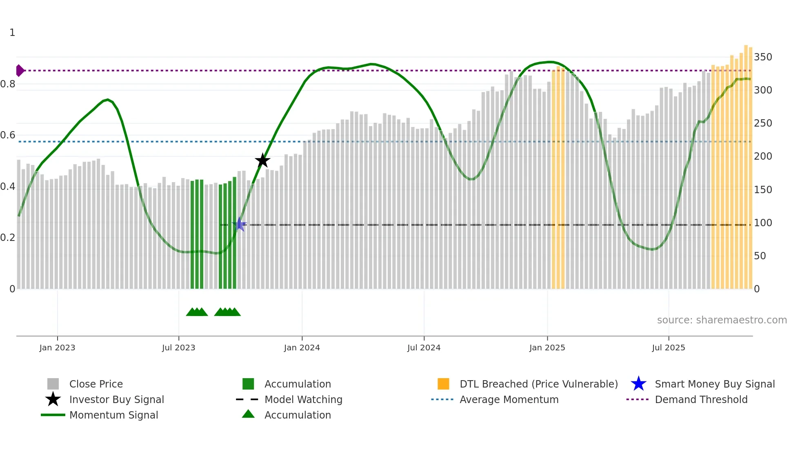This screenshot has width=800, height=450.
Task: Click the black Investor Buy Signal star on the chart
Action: (x=262, y=160)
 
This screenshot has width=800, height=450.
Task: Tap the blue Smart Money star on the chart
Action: (x=240, y=225)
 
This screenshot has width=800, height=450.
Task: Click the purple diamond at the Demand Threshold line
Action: (x=20, y=71)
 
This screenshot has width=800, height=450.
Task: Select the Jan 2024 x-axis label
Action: (x=302, y=348)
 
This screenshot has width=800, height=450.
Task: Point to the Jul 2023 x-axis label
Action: (x=178, y=348)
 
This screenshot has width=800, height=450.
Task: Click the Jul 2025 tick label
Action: (x=668, y=348)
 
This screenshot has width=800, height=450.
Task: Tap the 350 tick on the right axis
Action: (x=762, y=57)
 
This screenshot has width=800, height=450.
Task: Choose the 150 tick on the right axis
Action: (x=762, y=190)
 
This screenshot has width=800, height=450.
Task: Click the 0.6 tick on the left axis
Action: (x=8, y=135)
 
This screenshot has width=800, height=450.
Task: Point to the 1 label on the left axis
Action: (x=12, y=33)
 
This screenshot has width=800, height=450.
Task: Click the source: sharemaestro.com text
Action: (x=722, y=320)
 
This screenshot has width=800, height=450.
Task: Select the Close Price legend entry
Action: (x=96, y=384)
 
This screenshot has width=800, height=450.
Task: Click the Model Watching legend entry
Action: (x=303, y=400)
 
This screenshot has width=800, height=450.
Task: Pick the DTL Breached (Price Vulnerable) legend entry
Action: (x=538, y=384)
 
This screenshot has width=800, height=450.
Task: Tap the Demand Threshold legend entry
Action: (x=701, y=400)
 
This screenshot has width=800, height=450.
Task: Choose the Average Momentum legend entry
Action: (x=509, y=400)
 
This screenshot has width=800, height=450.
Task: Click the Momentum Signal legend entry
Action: (x=113, y=415)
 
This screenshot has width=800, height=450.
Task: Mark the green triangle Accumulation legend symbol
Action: (x=248, y=414)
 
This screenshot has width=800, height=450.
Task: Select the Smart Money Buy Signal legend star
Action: (x=638, y=384)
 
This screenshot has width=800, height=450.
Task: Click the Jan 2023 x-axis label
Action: (x=57, y=348)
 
